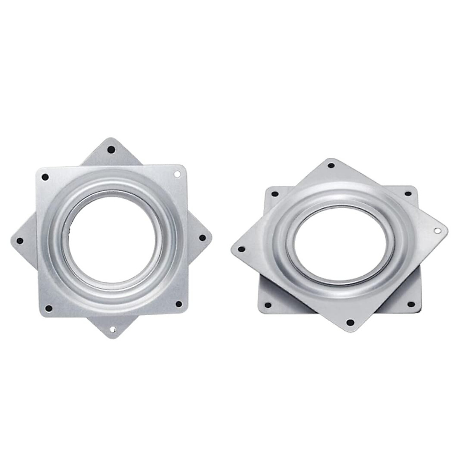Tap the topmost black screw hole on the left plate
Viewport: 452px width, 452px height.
coord(110,150)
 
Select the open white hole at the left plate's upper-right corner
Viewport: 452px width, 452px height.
coord(177,174)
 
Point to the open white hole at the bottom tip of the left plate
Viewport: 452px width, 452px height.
coord(112,330)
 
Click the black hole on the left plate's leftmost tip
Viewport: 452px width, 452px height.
coord(20,241)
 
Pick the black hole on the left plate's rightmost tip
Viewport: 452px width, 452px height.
coord(202,238)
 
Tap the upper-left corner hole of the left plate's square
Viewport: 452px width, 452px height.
coord(46,176)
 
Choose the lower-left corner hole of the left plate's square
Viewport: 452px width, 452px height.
coord(48,308)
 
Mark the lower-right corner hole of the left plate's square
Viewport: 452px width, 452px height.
coord(179,304)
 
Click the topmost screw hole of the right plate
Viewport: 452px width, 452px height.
coord(331,165)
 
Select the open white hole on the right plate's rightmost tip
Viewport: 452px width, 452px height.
coord(437,230)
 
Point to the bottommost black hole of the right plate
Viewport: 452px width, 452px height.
coord(350,322)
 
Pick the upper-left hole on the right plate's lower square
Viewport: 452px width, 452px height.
coord(275,194)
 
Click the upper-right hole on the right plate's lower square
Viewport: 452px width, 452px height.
coord(408,194)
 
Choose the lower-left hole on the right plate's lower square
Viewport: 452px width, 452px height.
coord(268,305)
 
